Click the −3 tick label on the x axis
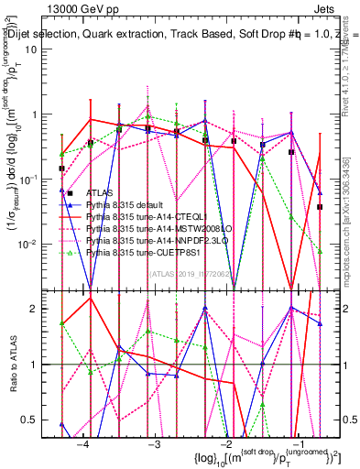pos(154,443)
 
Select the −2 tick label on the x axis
pos(224,443)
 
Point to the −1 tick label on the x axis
pos(296,443)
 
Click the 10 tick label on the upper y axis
pos(42,49)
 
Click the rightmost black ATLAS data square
pos(320,207)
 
